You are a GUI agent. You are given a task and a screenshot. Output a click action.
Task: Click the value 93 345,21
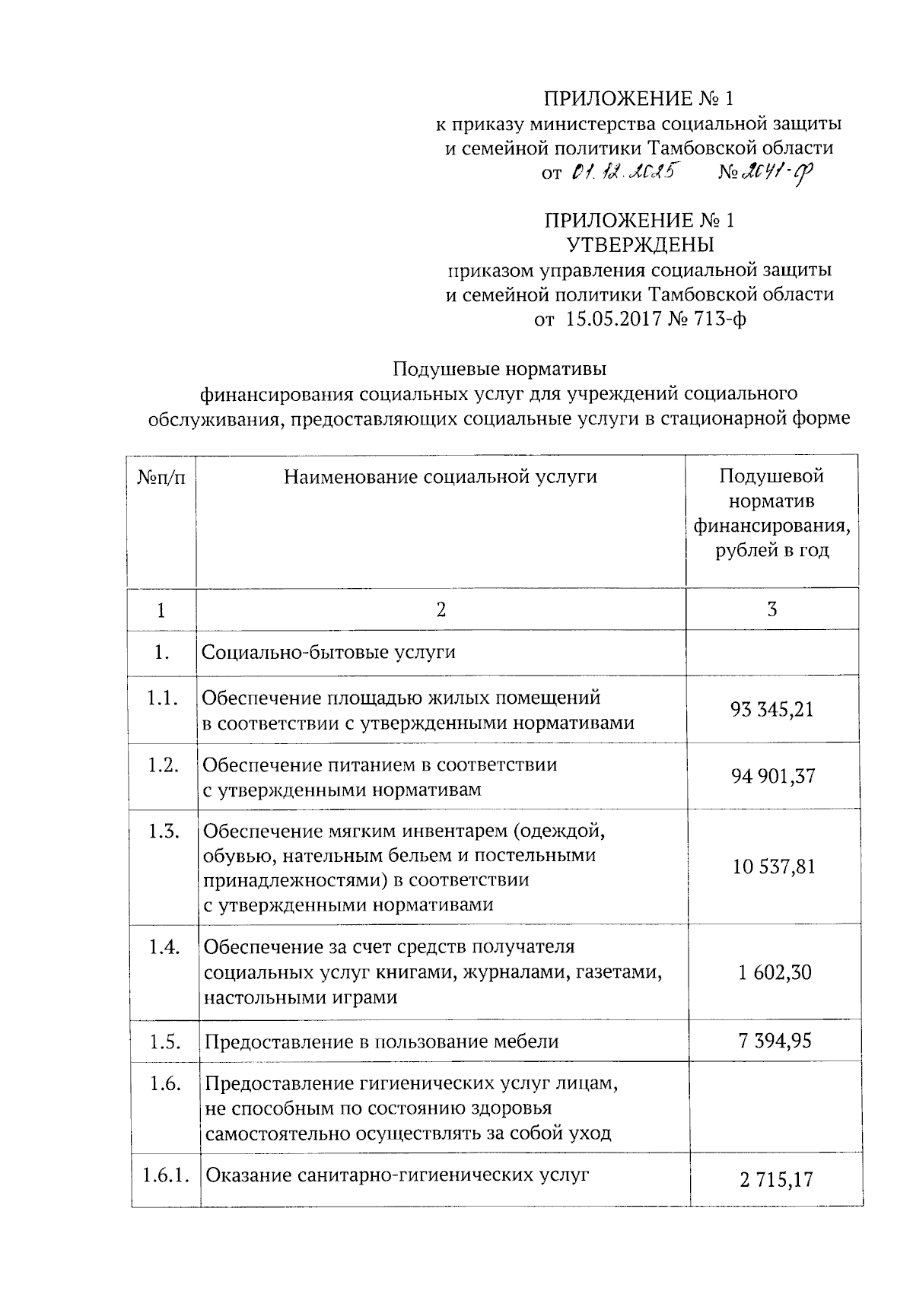(x=771, y=710)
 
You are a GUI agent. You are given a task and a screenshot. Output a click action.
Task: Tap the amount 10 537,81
(x=774, y=866)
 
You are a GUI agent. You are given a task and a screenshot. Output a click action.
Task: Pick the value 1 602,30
(x=775, y=971)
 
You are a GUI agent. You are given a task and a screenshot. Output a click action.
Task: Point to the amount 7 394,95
(x=775, y=1040)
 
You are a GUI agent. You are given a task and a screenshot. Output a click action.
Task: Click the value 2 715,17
(x=775, y=1180)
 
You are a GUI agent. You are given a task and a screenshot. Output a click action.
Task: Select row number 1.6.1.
(x=164, y=1175)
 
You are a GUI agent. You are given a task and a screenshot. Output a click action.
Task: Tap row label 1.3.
(x=164, y=831)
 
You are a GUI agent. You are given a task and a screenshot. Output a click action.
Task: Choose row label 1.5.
(x=164, y=1041)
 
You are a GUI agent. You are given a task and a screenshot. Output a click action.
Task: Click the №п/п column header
(x=161, y=478)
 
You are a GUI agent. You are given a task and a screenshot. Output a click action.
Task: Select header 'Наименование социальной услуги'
(x=441, y=477)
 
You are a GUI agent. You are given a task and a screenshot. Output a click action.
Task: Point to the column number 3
(x=772, y=609)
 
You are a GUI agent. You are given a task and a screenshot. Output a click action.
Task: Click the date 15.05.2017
(x=613, y=320)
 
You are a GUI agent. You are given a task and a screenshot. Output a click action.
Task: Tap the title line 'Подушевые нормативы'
(x=500, y=369)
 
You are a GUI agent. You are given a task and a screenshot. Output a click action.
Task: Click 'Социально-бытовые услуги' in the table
(x=329, y=652)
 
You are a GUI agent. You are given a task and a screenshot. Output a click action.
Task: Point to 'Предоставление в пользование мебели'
(x=381, y=1041)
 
